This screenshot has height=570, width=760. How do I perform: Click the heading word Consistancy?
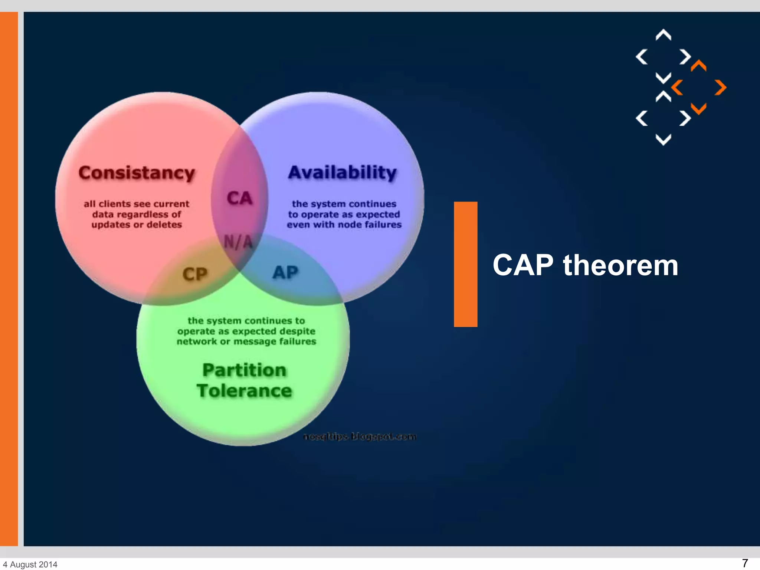pos(137,173)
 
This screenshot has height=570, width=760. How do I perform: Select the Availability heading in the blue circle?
pos(342,173)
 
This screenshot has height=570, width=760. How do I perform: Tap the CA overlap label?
pos(240,198)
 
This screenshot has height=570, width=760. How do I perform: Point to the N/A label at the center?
pos(238,242)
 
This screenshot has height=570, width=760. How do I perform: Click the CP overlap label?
pos(194,274)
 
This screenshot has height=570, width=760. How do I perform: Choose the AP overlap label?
pos(285,273)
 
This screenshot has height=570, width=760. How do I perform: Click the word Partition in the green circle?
pos(245,370)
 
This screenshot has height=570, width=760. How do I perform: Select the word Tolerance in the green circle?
pos(244,391)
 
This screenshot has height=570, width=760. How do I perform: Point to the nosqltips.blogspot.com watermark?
pos(359,436)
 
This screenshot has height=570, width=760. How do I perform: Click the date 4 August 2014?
pos(30,564)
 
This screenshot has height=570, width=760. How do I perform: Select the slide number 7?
pos(744,563)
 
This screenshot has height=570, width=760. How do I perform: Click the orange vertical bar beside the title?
pos(465,264)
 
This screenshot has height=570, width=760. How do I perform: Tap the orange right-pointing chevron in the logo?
pos(721,88)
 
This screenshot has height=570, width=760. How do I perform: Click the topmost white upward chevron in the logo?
pos(663,35)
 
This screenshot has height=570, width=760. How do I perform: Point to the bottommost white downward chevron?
pos(663,140)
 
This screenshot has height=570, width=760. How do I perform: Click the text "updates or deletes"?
pos(137,225)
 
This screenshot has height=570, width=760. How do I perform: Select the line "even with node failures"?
pos(344,225)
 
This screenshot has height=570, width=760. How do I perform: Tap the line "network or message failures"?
pos(246,341)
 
